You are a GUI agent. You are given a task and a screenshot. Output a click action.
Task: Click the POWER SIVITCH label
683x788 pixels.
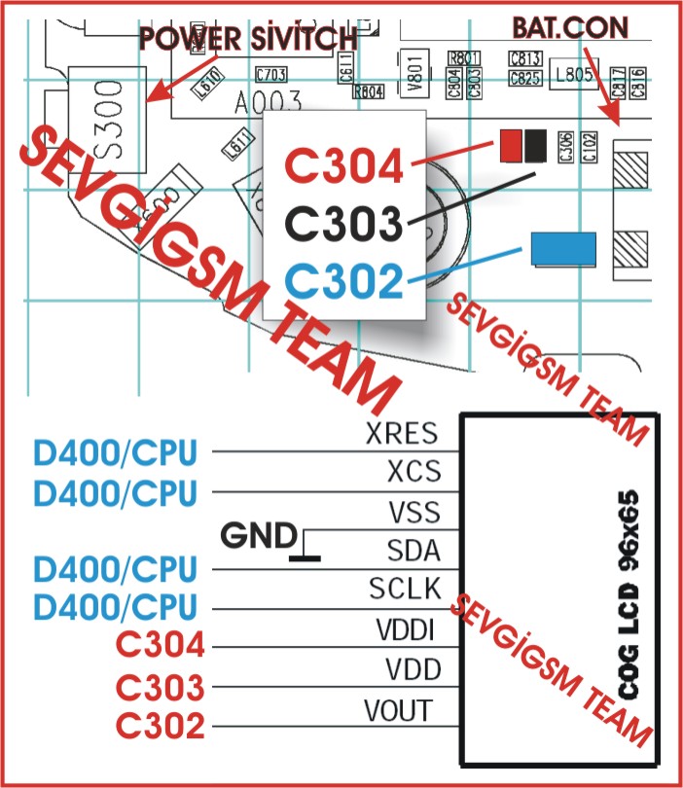pyautogui.click(x=249, y=40)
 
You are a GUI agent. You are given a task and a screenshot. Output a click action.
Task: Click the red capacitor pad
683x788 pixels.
pyautogui.click(x=509, y=146)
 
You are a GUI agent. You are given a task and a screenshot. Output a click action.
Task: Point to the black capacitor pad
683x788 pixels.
pyautogui.click(x=533, y=146)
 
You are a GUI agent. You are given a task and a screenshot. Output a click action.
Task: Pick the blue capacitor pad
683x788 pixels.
pyautogui.click(x=564, y=249)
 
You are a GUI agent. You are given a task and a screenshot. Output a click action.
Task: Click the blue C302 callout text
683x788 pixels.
pyautogui.click(x=344, y=282)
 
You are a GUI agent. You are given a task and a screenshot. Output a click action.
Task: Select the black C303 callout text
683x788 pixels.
pyautogui.click(x=344, y=226)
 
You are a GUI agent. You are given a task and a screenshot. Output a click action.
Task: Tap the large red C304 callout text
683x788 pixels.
pyautogui.click(x=344, y=168)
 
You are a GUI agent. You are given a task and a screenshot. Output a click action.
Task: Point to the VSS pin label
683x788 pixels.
pyautogui.click(x=413, y=512)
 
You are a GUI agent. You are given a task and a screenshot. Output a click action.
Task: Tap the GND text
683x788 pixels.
pyautogui.click(x=259, y=535)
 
